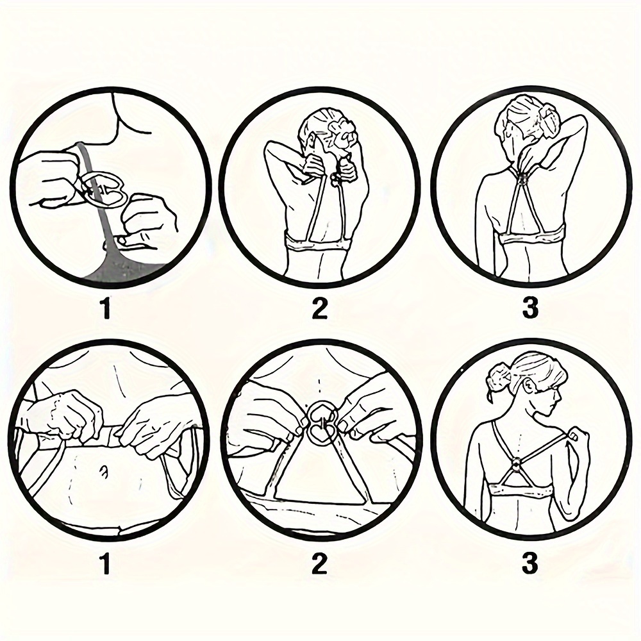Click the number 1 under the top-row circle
106,310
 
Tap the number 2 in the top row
320,310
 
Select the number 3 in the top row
530,310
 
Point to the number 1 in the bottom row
106,563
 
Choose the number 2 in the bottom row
320,563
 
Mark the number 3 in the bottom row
530,563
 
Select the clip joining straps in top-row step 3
522,176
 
